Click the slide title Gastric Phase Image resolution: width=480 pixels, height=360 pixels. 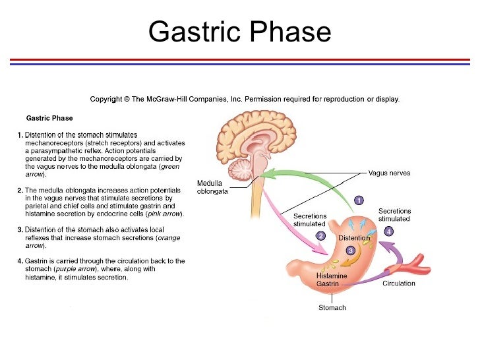[x=239, y=31]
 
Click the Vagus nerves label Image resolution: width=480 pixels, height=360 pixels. [x=389, y=173]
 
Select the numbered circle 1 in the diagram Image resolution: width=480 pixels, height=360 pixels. [x=359, y=199]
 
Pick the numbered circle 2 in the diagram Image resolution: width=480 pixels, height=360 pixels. [x=321, y=235]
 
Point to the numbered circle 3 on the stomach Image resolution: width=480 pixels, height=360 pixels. [x=350, y=251]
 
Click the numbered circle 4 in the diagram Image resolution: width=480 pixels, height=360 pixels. [x=389, y=231]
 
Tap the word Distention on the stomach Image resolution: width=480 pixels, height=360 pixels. [x=354, y=237]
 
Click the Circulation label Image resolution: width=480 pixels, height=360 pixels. [x=399, y=284]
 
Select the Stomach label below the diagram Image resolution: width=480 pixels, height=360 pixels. [x=332, y=308]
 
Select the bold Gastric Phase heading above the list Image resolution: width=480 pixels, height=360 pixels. [x=49, y=119]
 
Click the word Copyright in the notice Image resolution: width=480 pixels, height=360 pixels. [x=106, y=100]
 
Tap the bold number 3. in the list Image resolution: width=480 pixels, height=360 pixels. [x=20, y=229]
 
